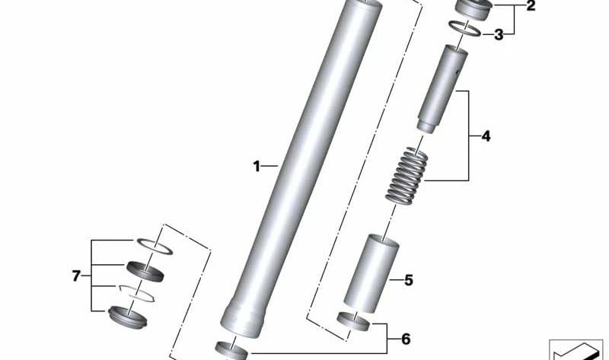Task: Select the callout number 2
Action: click(x=530, y=8)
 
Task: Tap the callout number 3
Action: click(x=498, y=34)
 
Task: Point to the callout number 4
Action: click(x=485, y=137)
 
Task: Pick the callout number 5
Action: click(x=408, y=281)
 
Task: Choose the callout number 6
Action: click(x=406, y=338)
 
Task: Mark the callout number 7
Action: click(x=76, y=276)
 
